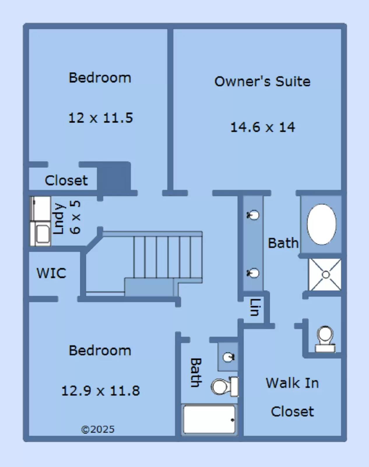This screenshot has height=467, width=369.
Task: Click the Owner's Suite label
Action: [262, 81]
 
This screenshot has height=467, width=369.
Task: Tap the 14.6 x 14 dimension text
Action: [262, 127]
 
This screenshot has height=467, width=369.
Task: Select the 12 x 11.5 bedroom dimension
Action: [101, 118]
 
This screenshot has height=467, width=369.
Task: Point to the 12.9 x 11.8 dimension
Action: [101, 391]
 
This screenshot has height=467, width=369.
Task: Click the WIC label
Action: [51, 273]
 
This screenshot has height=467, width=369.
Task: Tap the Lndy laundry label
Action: [59, 219]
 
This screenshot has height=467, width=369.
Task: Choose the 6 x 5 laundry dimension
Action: [75, 217]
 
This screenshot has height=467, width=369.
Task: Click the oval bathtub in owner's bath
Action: [321, 224]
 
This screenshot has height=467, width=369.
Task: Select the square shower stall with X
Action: [325, 275]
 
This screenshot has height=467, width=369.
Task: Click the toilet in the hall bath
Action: [225, 386]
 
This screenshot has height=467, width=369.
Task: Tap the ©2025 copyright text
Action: [98, 429]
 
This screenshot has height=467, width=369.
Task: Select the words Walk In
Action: [292, 383]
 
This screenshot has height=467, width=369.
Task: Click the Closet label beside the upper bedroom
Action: [66, 180]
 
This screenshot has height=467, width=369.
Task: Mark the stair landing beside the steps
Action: [149, 287]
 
